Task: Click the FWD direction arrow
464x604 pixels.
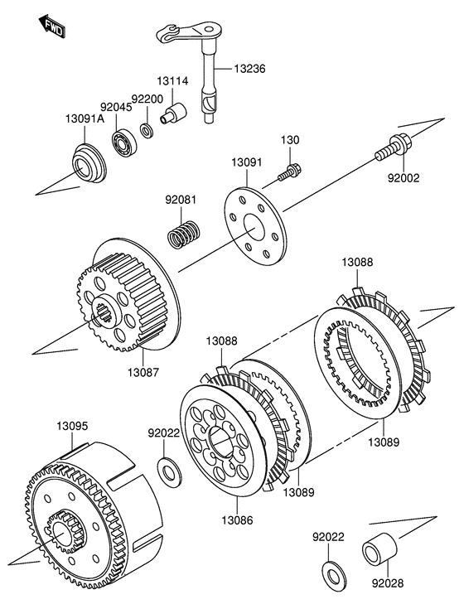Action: (x=51, y=27)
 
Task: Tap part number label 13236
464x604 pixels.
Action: (x=249, y=69)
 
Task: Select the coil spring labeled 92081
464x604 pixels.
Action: (x=185, y=234)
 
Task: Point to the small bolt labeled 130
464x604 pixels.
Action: (x=289, y=172)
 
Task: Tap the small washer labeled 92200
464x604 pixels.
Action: (x=147, y=130)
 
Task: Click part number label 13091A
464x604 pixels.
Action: (x=85, y=119)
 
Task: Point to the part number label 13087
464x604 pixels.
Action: (x=143, y=373)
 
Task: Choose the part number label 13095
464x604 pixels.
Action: (x=72, y=426)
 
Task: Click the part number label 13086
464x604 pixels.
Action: (x=238, y=520)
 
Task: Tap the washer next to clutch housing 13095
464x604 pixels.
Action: (x=170, y=471)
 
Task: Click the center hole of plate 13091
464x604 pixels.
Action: (x=254, y=228)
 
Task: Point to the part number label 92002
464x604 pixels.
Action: (x=404, y=178)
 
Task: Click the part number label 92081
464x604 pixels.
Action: (x=181, y=200)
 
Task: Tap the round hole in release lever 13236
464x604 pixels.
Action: (x=209, y=29)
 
